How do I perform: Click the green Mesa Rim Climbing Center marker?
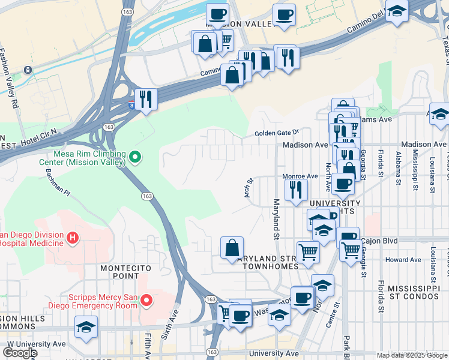(135, 158)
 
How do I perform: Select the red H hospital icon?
(73, 238)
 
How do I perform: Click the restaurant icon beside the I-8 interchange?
(145, 98)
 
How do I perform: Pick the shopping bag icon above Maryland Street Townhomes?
(232, 248)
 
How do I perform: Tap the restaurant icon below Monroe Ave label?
(295, 190)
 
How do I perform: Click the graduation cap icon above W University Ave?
(86, 327)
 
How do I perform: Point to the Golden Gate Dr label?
(277, 133)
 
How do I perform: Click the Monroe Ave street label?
(300, 176)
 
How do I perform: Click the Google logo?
(20, 353)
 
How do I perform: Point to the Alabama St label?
(398, 160)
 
